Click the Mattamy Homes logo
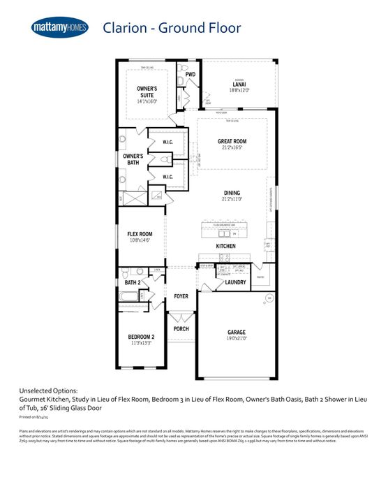click(x=61, y=27)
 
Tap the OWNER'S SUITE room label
click(x=147, y=92)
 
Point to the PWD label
click(x=190, y=74)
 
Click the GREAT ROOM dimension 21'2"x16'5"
click(x=232, y=147)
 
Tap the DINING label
click(x=232, y=192)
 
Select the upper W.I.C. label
click(x=167, y=143)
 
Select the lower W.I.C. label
click(x=167, y=177)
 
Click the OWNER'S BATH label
click(x=133, y=159)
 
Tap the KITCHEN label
click(x=225, y=247)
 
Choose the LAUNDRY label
click(x=235, y=282)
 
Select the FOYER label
click(x=181, y=296)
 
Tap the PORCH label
click(x=181, y=328)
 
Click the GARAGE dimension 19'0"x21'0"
click(x=237, y=338)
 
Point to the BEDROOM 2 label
click(x=141, y=337)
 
